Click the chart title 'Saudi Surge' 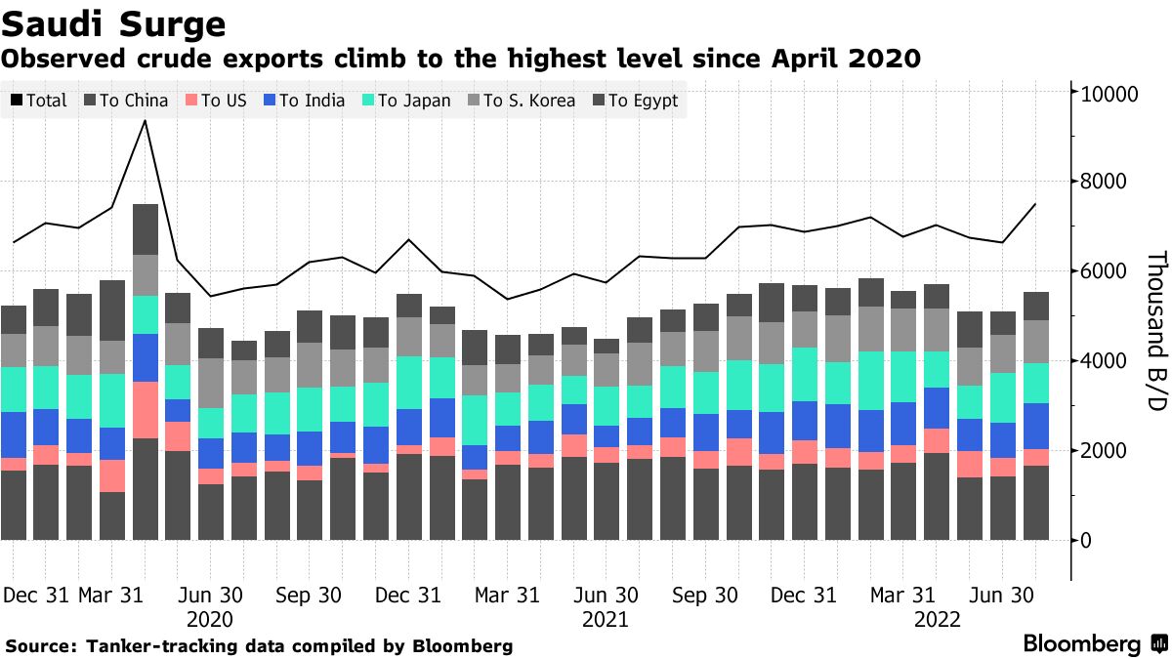click(114, 23)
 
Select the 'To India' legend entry click(312, 101)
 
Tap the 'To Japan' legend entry click(406, 101)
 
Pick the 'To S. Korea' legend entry click(519, 101)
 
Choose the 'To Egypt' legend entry click(633, 101)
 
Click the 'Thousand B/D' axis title click(1155, 331)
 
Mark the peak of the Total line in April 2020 click(146, 120)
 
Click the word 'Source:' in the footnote click(42, 646)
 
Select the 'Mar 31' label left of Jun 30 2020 click(110, 596)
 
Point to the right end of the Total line click(1035, 204)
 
